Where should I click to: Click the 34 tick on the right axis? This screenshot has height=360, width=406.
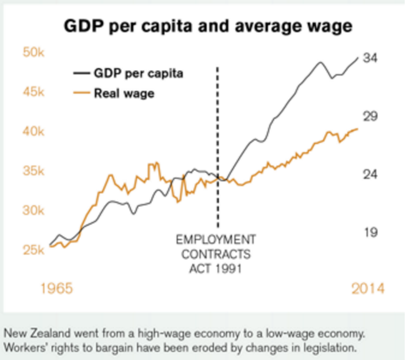pos(370,58)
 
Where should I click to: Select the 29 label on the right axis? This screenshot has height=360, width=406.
pos(370,117)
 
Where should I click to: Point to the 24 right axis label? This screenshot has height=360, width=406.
pos(370,174)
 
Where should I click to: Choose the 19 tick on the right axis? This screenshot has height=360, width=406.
pos(370,232)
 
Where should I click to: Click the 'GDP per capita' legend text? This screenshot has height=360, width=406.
pos(138,74)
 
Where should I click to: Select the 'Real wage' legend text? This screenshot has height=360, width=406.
pos(124,94)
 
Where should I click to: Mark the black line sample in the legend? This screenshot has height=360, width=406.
pos(81,73)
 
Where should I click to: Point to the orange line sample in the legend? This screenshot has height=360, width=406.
pos(81,94)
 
